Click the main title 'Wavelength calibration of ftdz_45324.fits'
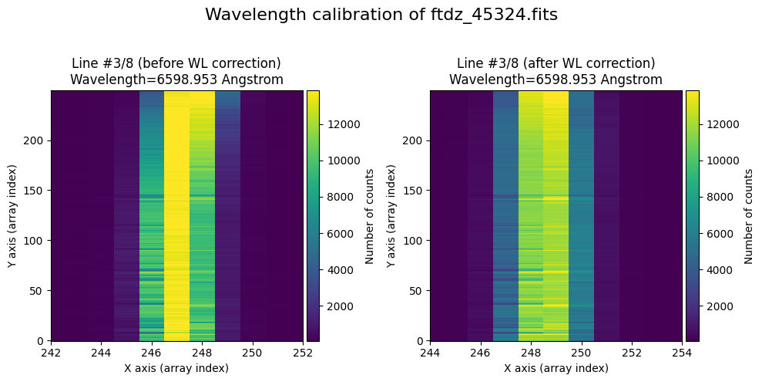click(x=381, y=15)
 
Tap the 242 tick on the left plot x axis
click(x=52, y=353)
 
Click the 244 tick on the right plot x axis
click(x=430, y=353)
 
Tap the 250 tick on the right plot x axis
click(x=581, y=353)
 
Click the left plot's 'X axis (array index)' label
click(x=176, y=368)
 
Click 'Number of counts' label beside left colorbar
click(x=370, y=215)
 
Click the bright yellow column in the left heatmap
click(x=176, y=215)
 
